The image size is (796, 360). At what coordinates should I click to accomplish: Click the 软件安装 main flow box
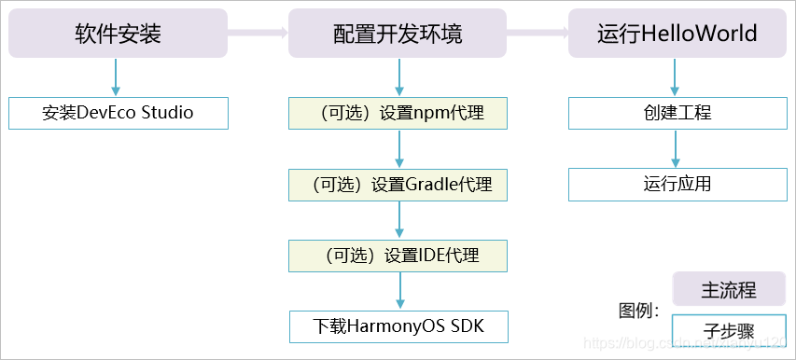[x=118, y=34]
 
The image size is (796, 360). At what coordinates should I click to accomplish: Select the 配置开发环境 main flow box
[x=398, y=34]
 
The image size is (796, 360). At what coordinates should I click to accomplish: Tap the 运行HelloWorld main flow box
[x=677, y=34]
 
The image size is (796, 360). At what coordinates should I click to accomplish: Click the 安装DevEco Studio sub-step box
[x=118, y=113]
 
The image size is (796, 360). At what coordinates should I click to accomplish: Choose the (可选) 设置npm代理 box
[x=398, y=113]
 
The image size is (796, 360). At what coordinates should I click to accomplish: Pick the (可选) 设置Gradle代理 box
[x=398, y=185]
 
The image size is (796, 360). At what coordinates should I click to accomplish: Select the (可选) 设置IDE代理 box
[x=398, y=256]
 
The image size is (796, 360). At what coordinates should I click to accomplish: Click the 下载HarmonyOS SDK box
[x=398, y=326]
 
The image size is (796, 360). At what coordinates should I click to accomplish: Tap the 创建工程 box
[x=677, y=113]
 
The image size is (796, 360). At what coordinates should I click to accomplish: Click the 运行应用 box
[x=677, y=185]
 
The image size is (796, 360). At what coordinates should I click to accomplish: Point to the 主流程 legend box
[x=729, y=289]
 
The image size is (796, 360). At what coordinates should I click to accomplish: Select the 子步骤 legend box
[x=729, y=329]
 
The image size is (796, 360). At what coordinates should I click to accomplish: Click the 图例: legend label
[x=639, y=311]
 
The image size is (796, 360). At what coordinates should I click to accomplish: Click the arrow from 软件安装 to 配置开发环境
[x=258, y=34]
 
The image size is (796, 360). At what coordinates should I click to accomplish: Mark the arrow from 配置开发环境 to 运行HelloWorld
[x=538, y=34]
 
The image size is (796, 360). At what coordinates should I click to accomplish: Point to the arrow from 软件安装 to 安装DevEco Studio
[x=116, y=76]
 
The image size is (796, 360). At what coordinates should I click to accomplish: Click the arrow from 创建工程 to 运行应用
[x=677, y=149]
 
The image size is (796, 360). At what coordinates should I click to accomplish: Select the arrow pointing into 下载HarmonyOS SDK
[x=399, y=291]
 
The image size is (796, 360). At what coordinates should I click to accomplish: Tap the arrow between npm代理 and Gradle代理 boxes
[x=399, y=149]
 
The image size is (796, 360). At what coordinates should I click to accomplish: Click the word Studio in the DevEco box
[x=165, y=113]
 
